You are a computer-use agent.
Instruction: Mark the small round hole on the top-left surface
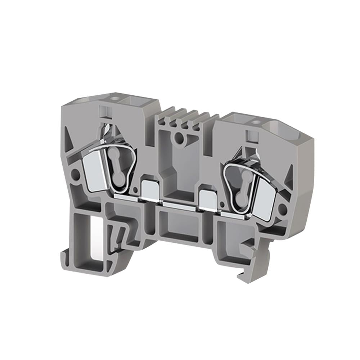click(x=116, y=98)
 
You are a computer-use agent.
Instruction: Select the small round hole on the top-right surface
click(x=256, y=122)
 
